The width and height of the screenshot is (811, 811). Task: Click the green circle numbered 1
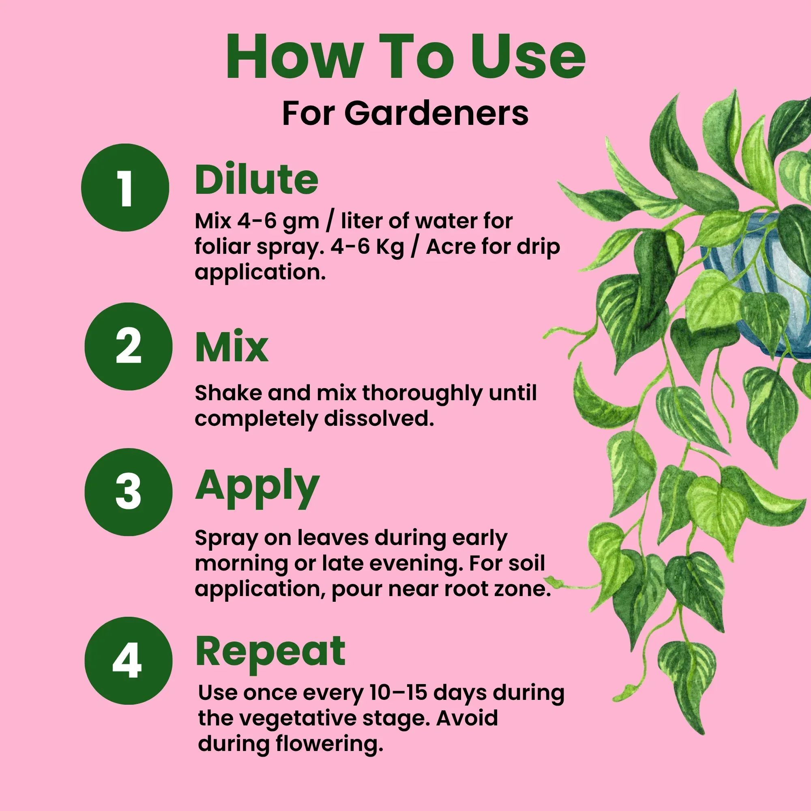tap(125, 188)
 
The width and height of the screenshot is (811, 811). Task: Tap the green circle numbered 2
tap(129, 346)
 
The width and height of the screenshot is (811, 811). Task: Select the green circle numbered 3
tap(129, 491)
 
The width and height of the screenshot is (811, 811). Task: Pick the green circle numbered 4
tap(129, 660)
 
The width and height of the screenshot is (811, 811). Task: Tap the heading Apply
tap(257, 487)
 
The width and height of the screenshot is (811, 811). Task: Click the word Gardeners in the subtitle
tap(436, 114)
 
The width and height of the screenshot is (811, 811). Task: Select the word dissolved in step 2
tap(379, 418)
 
